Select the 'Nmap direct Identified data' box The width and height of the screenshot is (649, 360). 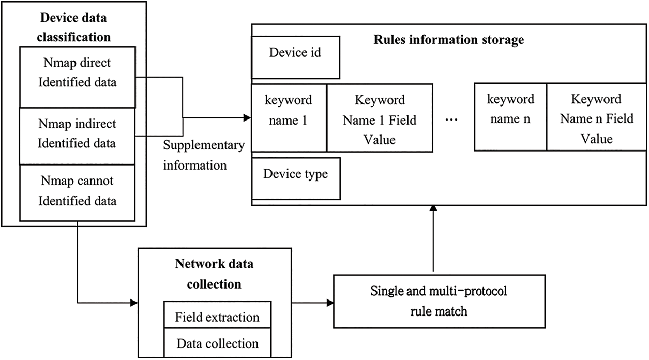(77, 72)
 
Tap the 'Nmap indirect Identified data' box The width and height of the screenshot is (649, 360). (77, 133)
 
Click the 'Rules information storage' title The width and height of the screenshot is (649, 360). (448, 40)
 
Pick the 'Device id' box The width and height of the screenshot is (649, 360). (295, 54)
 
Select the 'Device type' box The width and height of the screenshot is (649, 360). (295, 174)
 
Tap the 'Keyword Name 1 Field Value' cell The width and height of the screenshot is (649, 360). (380, 119)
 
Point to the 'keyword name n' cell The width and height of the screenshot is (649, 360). (510, 110)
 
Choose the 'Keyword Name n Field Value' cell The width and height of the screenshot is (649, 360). (597, 119)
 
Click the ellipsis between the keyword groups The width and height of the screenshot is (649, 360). (452, 119)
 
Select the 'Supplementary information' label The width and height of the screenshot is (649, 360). (203, 155)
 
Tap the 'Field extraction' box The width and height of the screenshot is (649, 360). (217, 317)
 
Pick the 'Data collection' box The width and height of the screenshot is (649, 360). (217, 343)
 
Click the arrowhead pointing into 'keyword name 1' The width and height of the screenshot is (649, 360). (247, 118)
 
